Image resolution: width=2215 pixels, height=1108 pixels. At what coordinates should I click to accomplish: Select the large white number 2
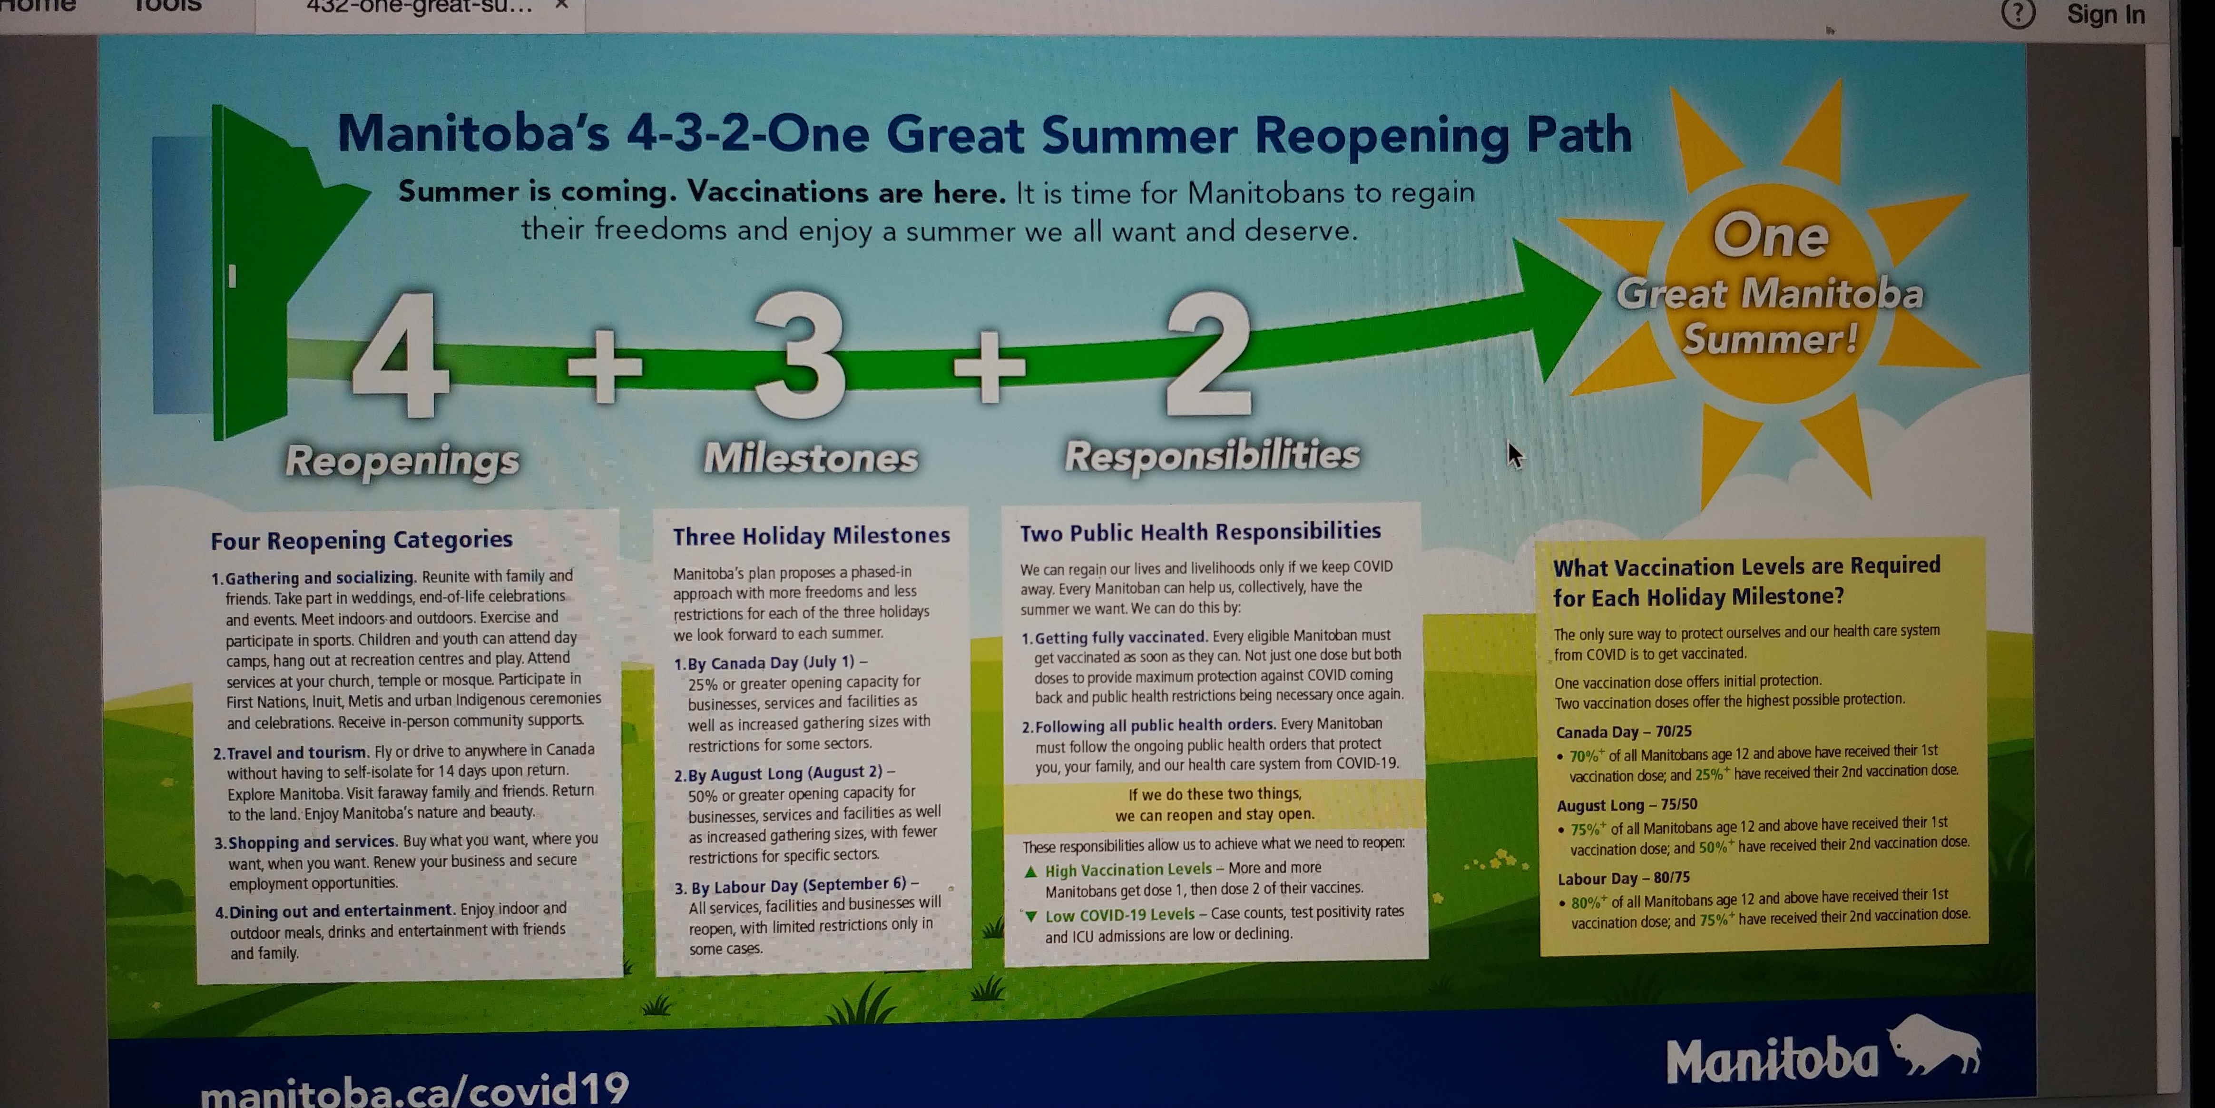pyautogui.click(x=1208, y=353)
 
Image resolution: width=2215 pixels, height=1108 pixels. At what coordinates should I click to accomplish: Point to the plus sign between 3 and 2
pyautogui.click(x=990, y=366)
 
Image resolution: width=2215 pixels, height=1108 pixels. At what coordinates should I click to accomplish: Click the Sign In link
pyautogui.click(x=2106, y=15)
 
